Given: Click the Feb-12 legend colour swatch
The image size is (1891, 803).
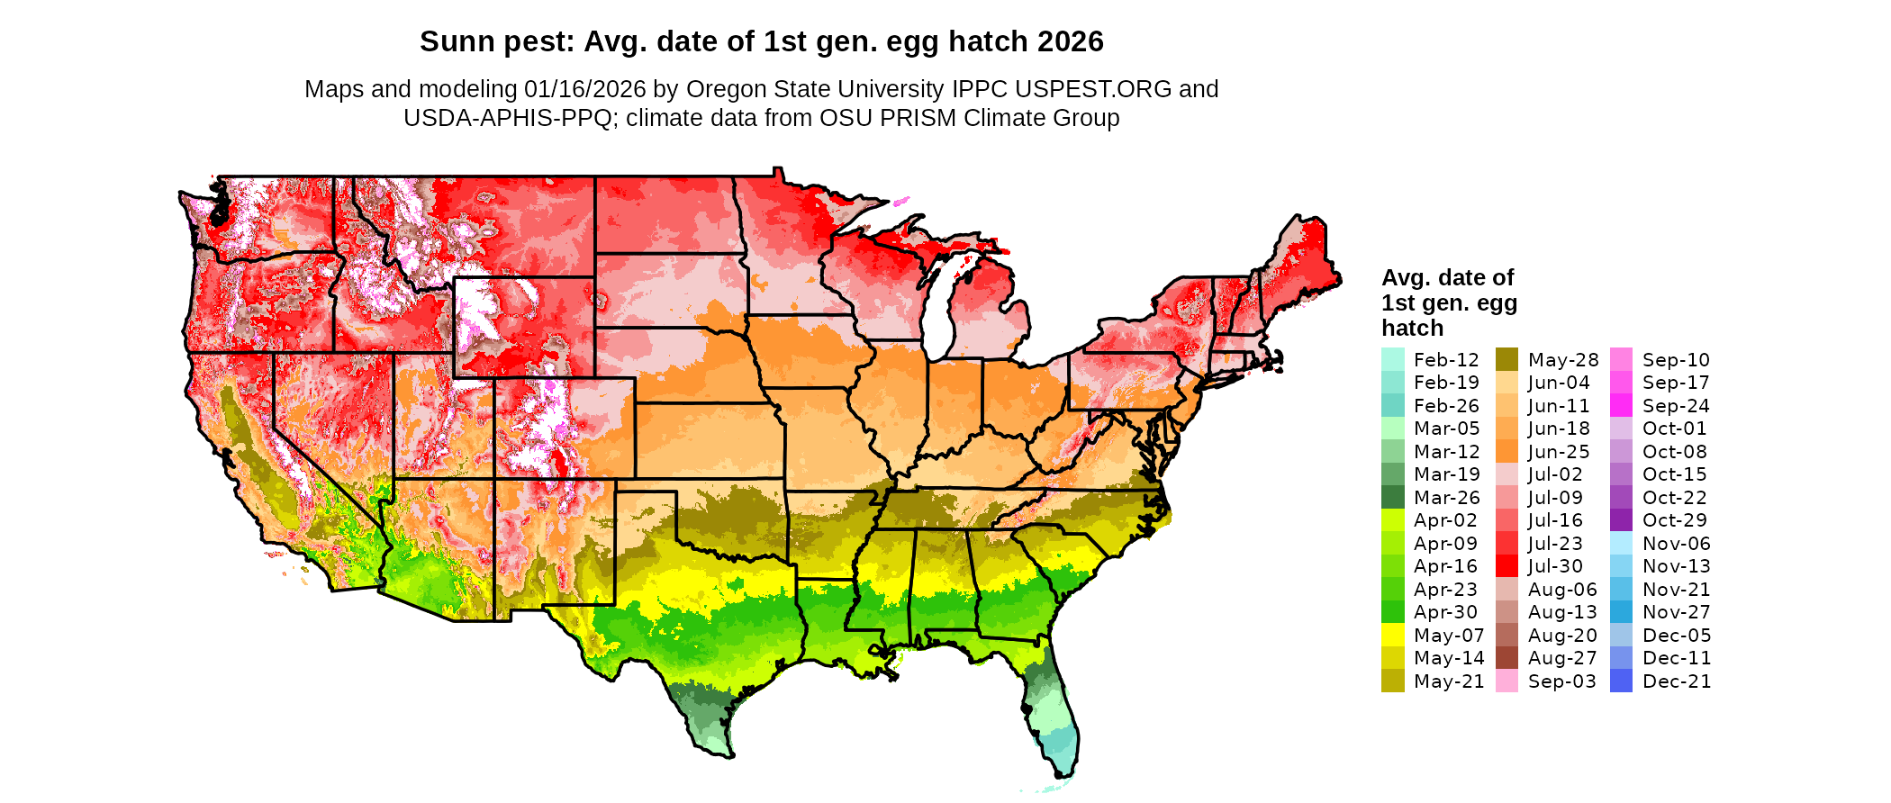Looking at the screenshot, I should [1392, 359].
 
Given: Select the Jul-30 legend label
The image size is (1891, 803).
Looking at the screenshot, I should [1555, 566].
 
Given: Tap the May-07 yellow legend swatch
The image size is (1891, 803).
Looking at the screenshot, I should [1392, 636].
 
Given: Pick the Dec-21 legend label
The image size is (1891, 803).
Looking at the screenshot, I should [1677, 681].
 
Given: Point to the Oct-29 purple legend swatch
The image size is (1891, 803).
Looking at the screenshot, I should [1621, 520].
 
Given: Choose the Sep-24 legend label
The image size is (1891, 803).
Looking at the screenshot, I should [1676, 406].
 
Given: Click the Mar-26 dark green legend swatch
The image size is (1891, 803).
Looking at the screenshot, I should [1392, 498].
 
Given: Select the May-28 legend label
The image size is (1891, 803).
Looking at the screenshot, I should [1563, 360].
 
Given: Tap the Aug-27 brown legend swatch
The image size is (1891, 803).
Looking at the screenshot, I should [1506, 658].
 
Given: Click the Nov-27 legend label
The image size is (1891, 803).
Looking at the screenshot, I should [1677, 612].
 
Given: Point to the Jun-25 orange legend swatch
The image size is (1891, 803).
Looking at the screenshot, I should [1506, 452].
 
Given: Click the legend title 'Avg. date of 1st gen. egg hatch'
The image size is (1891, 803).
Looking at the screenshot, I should [1449, 302].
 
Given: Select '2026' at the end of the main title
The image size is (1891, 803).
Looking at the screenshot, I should [1070, 41].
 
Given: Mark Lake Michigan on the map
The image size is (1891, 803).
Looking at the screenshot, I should [942, 306].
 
